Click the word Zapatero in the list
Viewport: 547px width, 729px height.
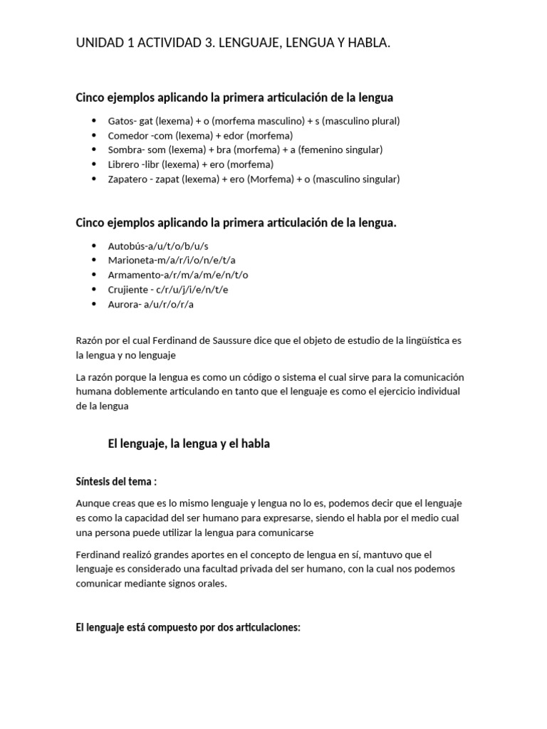pyautogui.click(x=128, y=179)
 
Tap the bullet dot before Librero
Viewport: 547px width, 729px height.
pyautogui.click(x=95, y=164)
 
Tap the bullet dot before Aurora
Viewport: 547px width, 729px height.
pyautogui.click(x=95, y=304)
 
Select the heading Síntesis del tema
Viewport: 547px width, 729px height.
pyautogui.click(x=116, y=481)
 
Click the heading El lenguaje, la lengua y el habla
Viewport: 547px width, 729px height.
pyautogui.click(x=189, y=444)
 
